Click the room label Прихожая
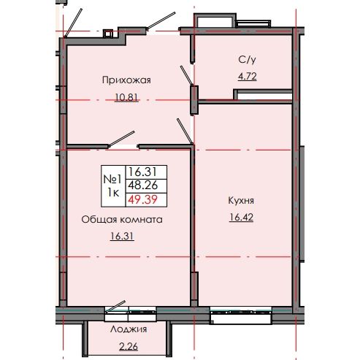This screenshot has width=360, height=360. pyautogui.click(x=126, y=80)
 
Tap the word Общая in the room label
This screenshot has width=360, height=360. pyautogui.click(x=96, y=219)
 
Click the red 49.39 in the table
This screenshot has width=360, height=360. pyautogui.click(x=142, y=199)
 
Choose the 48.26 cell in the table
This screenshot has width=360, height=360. pyautogui.click(x=142, y=185)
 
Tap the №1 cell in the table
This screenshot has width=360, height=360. pyautogui.click(x=112, y=177)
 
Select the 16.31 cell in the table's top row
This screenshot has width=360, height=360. pyautogui.click(x=142, y=171)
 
